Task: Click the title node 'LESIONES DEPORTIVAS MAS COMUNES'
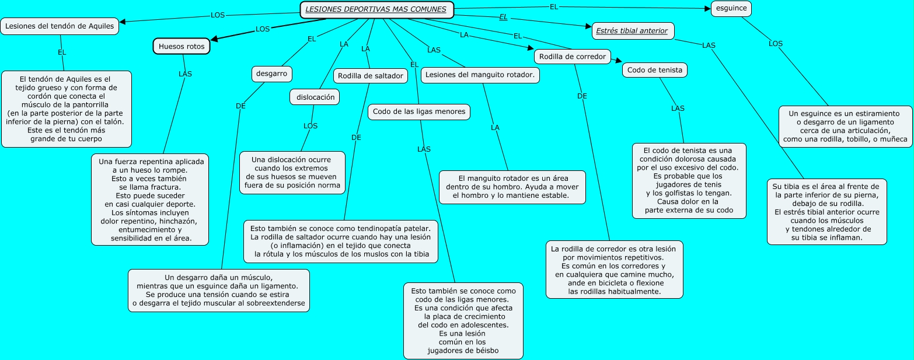[376, 9]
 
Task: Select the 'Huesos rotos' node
[182, 46]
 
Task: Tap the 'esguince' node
[731, 8]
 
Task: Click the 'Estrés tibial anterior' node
[632, 30]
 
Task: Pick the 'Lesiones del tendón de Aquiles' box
[60, 26]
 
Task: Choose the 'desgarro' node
[271, 74]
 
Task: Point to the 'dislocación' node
[315, 97]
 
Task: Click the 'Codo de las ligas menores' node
[419, 111]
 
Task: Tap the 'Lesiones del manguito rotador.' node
[480, 75]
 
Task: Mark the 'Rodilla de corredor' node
[572, 57]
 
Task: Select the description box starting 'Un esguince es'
[844, 126]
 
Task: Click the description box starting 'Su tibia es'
[826, 211]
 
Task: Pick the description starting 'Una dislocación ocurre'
[292, 173]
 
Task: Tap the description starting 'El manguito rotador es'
[513, 187]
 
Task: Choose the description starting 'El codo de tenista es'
[689, 181]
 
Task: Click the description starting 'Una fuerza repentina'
[150, 199]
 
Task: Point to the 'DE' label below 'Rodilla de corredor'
[582, 96]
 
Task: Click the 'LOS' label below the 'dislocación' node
[311, 125]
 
